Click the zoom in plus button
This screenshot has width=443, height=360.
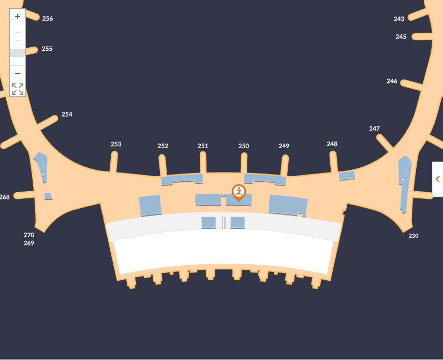tap(18, 17)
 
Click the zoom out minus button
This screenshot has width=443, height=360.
tap(18, 74)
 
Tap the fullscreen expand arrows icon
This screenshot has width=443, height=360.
tap(18, 89)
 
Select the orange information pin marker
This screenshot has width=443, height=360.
tap(239, 192)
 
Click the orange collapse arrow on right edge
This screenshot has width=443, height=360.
tap(438, 179)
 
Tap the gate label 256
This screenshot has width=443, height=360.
tap(48, 19)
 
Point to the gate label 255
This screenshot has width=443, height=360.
tap(47, 49)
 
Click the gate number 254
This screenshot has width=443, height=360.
tap(67, 114)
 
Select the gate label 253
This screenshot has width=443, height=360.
tap(116, 144)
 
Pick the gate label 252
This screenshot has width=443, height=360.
tap(163, 146)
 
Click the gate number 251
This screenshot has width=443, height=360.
tap(203, 146)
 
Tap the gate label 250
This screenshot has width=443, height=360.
tap(244, 146)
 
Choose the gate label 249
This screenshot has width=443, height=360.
tap(284, 146)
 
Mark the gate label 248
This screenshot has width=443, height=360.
tap(332, 144)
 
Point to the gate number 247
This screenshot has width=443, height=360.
tap(374, 128)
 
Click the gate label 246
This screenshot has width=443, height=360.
tap(392, 81)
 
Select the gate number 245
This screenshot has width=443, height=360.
tap(401, 37)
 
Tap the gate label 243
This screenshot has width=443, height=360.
tap(399, 19)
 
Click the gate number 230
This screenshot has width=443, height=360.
tap(414, 236)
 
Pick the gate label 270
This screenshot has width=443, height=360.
tap(29, 235)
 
